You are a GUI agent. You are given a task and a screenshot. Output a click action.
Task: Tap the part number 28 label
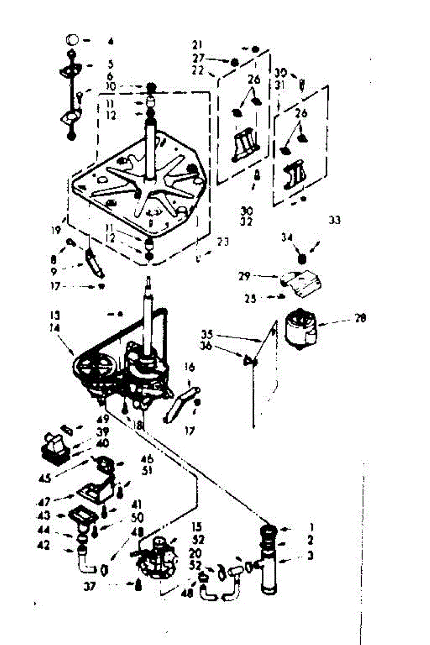[361, 319]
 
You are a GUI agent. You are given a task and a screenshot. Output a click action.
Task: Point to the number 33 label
[334, 220]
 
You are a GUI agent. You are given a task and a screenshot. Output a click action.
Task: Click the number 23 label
[223, 242]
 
